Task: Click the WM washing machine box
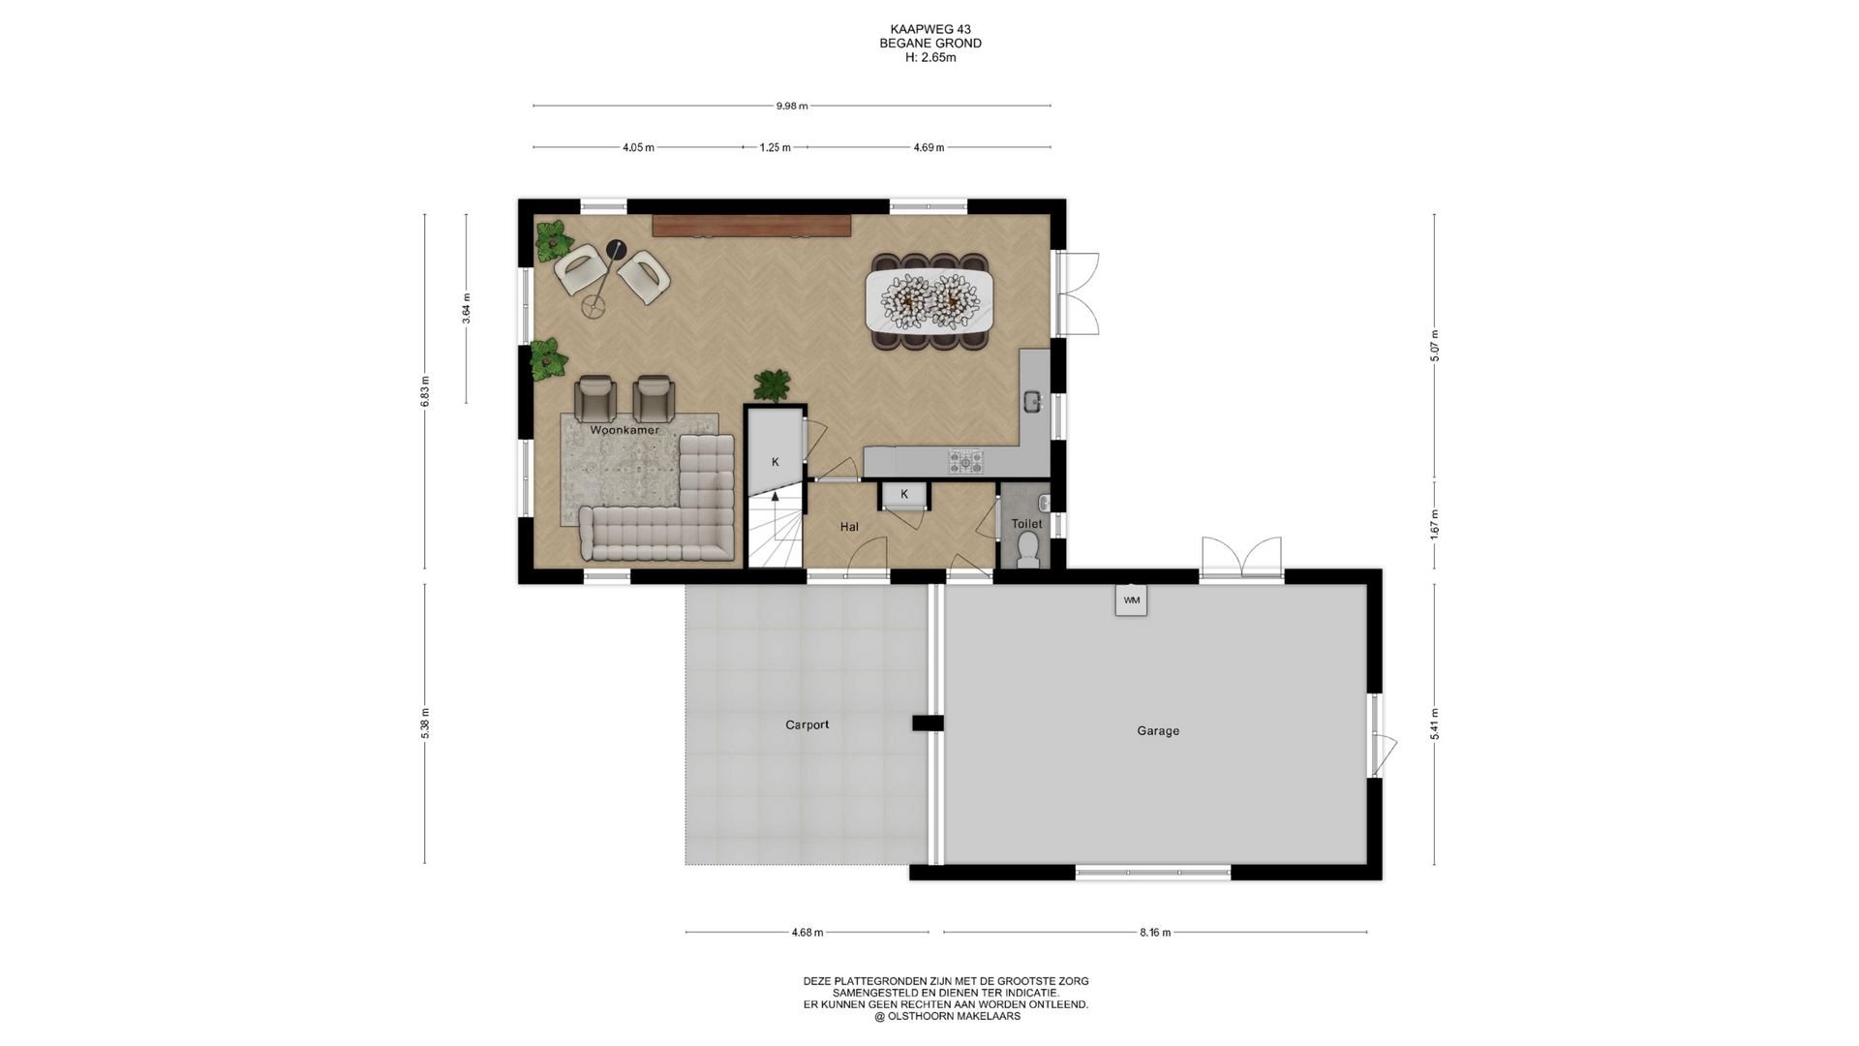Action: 1131,600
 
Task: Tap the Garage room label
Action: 1158,731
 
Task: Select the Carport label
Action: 808,724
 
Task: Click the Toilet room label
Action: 1027,524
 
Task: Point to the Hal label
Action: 849,527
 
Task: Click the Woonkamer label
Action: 625,430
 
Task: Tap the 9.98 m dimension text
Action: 792,106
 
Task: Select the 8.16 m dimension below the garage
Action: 1155,933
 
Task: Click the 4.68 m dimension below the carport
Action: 808,933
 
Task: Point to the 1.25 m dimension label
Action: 776,147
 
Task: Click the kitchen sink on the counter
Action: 1034,401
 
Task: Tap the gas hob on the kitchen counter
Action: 965,462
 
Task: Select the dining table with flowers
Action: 929,300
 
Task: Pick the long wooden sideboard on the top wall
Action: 751,226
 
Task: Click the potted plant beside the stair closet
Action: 773,385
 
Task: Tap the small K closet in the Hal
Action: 904,495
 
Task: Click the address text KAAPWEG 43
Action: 930,29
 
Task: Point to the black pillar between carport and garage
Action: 928,723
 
